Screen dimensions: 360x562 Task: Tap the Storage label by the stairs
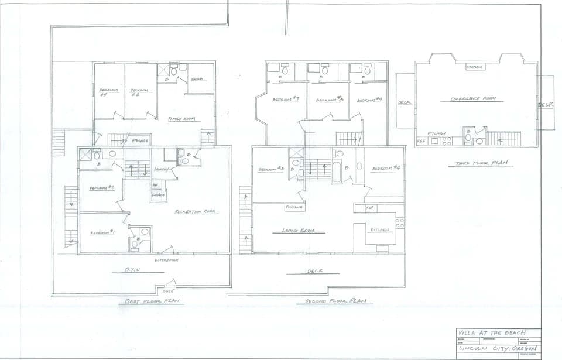pos(140,141)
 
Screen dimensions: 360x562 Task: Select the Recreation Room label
pos(196,212)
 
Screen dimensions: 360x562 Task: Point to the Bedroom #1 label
pos(102,233)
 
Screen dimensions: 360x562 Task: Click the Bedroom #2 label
pos(101,188)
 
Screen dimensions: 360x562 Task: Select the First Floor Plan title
pos(152,301)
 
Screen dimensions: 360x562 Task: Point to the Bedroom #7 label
pos(286,100)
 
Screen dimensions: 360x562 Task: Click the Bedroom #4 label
pos(386,169)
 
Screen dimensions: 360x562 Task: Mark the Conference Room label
pos(474,99)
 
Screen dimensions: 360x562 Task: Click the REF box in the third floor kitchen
pos(420,142)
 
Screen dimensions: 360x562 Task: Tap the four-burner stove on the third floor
pos(447,141)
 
